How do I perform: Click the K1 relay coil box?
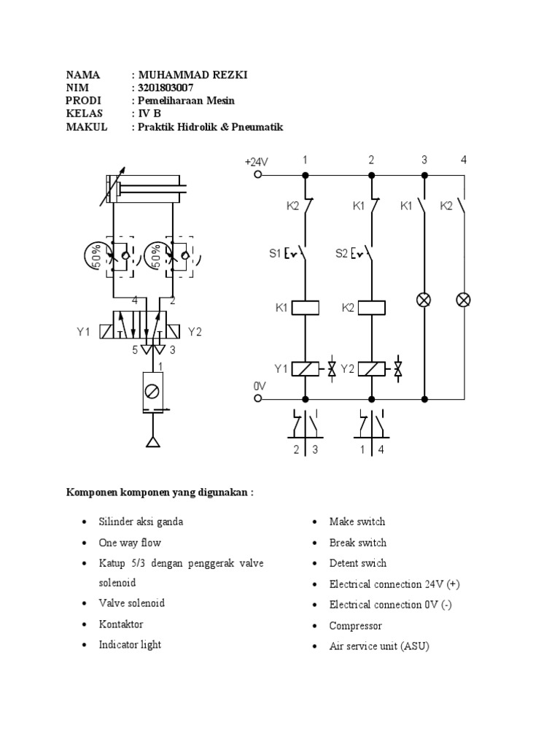[x=306, y=308]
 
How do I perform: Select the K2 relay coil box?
[x=372, y=308]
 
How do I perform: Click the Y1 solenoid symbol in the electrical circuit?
[x=306, y=368]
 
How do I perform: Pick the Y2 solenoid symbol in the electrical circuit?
[x=372, y=368]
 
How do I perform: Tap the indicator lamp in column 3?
[x=425, y=300]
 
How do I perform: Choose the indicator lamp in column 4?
[x=464, y=300]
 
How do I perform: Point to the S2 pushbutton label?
[x=341, y=254]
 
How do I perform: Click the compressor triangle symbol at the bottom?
[x=152, y=441]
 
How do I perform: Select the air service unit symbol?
[x=152, y=392]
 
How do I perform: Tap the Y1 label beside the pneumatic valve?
[x=83, y=332]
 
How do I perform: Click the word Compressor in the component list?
[x=355, y=625]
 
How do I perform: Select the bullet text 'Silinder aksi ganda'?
[x=141, y=522]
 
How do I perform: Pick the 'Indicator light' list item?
[x=130, y=645]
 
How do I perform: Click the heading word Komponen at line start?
[x=90, y=492]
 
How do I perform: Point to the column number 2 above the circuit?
[x=371, y=159]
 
